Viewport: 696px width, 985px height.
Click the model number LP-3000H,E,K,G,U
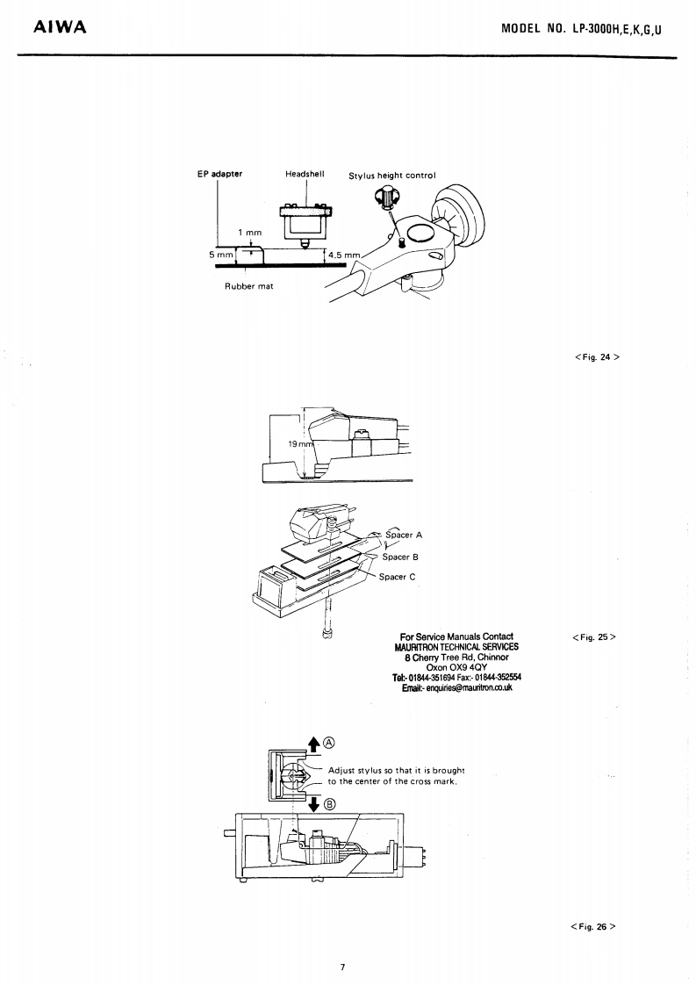click(581, 28)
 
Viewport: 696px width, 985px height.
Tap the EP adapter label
click(219, 174)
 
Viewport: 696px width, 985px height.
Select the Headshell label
click(305, 174)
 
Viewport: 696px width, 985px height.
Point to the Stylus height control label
click(391, 176)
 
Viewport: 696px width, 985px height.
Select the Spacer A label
click(404, 534)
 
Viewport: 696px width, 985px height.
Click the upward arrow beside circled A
click(312, 745)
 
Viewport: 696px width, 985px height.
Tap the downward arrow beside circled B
click(312, 803)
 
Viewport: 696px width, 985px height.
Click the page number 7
click(343, 967)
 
